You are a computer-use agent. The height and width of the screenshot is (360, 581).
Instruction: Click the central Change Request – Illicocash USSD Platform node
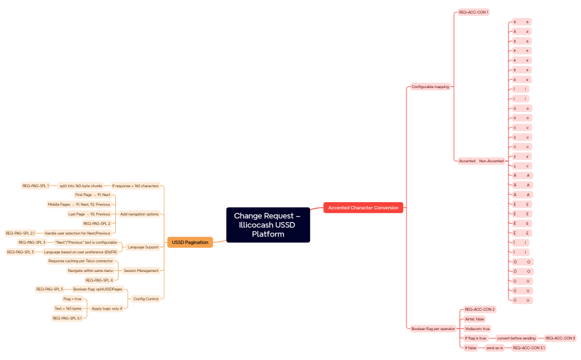pyautogui.click(x=268, y=224)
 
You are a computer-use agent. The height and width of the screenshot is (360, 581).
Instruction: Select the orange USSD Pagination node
pyautogui.click(x=190, y=242)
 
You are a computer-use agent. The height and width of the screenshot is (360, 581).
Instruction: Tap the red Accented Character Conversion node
pyautogui.click(x=363, y=208)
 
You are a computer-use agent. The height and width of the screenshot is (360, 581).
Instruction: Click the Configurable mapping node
pyautogui.click(x=430, y=86)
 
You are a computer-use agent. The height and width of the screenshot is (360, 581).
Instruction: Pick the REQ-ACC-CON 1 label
pyautogui.click(x=474, y=12)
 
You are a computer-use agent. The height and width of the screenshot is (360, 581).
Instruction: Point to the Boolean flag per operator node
pyautogui.click(x=433, y=328)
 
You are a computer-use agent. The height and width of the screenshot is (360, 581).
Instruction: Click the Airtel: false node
pyautogui.click(x=474, y=319)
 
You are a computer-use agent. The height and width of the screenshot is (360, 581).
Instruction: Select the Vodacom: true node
pyautogui.click(x=477, y=328)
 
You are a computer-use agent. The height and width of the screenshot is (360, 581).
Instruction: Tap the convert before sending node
pyautogui.click(x=516, y=338)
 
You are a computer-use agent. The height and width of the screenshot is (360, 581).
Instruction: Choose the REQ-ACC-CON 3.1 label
pyautogui.click(x=528, y=348)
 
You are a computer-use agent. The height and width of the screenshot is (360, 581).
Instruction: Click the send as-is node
pyautogui.click(x=494, y=348)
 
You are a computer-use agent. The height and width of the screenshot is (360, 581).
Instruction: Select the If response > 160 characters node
pyautogui.click(x=135, y=186)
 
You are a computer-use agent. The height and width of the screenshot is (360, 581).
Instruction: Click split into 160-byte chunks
pyautogui.click(x=80, y=186)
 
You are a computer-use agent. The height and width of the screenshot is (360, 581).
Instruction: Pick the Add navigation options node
pyautogui.click(x=139, y=214)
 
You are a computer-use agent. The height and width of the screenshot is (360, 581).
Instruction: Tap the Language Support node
pyautogui.click(x=143, y=247)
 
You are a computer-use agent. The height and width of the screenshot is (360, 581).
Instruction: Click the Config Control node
pyautogui.click(x=146, y=299)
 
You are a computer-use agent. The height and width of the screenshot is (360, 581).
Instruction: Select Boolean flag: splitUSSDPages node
pyautogui.click(x=97, y=289)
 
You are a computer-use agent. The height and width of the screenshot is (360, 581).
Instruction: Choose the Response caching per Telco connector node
pyautogui.click(x=80, y=261)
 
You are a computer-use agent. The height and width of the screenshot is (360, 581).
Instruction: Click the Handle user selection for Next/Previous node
pyautogui.click(x=77, y=233)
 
